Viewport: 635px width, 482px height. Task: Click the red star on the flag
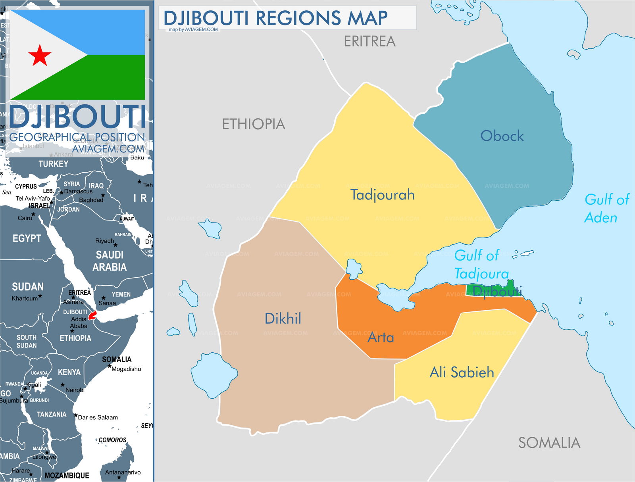point(40,55)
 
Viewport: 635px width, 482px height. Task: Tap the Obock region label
point(502,136)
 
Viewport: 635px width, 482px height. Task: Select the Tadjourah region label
point(382,195)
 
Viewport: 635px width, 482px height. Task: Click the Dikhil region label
point(283,319)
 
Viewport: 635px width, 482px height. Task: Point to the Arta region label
point(381,338)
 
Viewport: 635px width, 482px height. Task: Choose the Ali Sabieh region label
point(462,373)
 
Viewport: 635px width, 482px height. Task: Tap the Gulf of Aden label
point(606,208)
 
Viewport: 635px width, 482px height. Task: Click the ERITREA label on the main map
point(369,41)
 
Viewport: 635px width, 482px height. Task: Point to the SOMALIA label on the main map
point(549,443)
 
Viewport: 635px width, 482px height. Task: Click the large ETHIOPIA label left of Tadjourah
point(253,124)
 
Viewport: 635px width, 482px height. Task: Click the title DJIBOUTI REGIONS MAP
point(275,18)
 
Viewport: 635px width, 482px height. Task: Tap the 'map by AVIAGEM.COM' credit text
point(193,30)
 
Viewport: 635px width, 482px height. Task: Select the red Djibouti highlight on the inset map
point(92,316)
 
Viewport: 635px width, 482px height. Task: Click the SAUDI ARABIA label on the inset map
point(110,261)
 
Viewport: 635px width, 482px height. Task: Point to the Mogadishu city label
point(126,369)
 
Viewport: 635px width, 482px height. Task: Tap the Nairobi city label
point(75,390)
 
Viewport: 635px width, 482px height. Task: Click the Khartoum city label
point(25,298)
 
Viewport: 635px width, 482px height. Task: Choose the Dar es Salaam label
point(98,417)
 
